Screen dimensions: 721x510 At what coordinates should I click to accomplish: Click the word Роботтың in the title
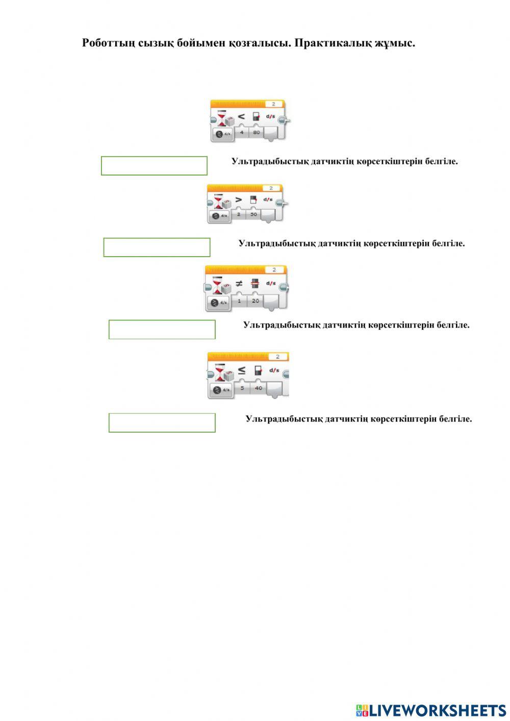click(108, 43)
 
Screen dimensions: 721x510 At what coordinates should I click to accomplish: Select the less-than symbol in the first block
click(241, 116)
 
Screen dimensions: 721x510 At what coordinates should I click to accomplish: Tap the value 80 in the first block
click(256, 133)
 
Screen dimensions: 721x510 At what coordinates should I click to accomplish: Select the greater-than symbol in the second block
click(239, 200)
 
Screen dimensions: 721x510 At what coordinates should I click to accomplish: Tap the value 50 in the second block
click(253, 215)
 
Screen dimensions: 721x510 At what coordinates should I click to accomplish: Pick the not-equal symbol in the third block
click(239, 283)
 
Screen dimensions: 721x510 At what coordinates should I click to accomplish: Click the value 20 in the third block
click(255, 301)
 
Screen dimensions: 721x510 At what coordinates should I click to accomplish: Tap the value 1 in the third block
click(239, 301)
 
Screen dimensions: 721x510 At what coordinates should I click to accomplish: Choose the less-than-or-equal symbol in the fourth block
click(242, 370)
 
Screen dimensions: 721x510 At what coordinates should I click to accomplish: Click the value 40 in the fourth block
click(258, 388)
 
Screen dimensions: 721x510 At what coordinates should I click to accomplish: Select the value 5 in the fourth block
click(242, 388)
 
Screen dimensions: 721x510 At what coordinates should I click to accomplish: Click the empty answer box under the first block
click(154, 166)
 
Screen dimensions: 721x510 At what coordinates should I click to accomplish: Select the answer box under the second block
click(157, 247)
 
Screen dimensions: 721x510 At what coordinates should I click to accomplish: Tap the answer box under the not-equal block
click(162, 330)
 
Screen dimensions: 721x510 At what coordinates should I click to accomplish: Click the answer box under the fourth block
click(162, 423)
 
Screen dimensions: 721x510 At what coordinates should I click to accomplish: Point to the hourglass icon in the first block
click(222, 118)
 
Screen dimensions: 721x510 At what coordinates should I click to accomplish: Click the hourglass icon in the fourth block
click(220, 371)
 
